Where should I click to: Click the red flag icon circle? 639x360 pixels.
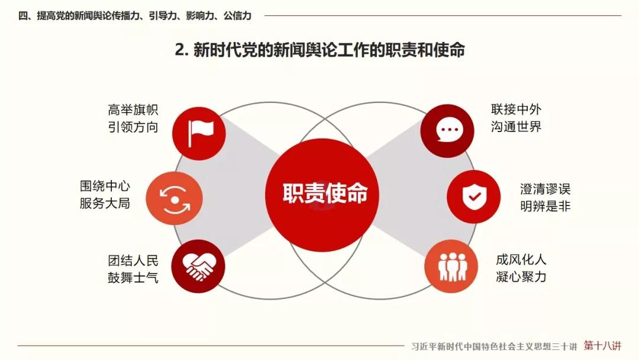tap(199, 133)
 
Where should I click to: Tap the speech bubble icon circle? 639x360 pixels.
tap(447, 131)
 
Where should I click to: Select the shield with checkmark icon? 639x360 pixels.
tap(474, 197)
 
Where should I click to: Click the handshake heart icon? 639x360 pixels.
tap(198, 266)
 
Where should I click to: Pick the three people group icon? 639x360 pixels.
tap(452, 266)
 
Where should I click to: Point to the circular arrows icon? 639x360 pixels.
tap(175, 200)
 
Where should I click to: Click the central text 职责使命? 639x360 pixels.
tap(325, 193)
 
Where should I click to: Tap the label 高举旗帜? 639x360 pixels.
tap(133, 110)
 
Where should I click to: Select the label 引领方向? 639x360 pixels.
tap(133, 127)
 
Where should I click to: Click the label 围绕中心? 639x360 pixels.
tap(105, 186)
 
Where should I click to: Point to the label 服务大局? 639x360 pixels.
tap(105, 203)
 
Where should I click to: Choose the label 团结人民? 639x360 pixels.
tap(133, 261)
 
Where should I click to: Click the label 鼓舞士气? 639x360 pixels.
tap(133, 278)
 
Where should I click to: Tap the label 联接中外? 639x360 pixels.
tap(516, 110)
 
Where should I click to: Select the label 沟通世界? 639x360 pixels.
tap(516, 126)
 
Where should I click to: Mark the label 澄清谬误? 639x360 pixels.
tap(546, 189)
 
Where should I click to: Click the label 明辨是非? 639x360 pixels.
tap(546, 206)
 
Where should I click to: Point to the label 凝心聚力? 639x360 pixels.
tap(521, 277)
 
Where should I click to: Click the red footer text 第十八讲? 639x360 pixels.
tap(602, 346)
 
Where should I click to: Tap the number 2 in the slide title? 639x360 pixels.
tap(179, 50)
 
